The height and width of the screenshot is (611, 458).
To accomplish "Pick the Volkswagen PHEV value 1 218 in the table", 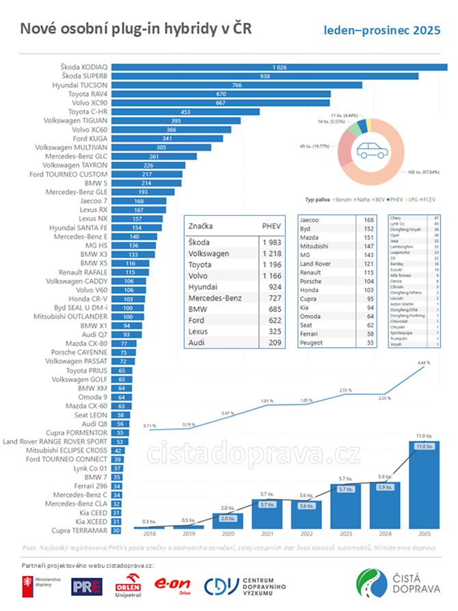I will coord(271,254).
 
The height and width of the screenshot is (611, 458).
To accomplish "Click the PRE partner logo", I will coord(86,586).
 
